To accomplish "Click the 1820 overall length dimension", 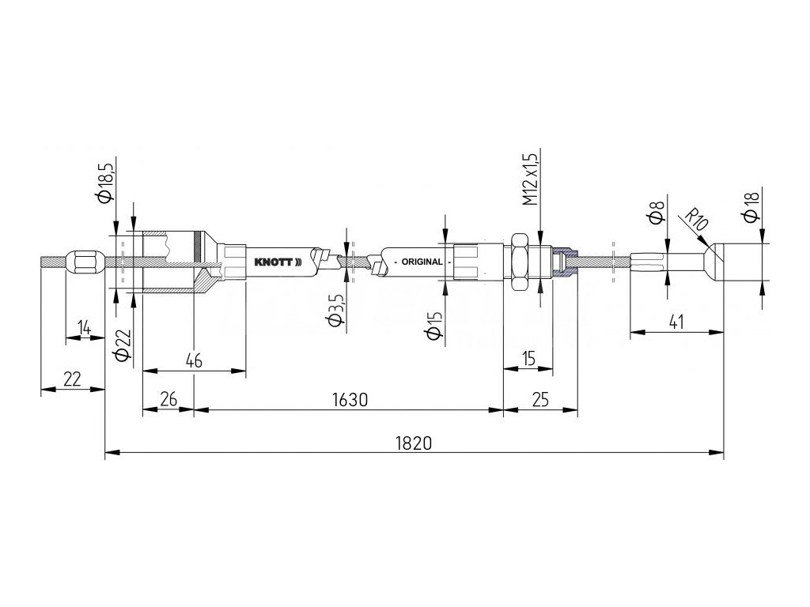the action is [413, 443].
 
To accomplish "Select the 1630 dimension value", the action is [349, 400].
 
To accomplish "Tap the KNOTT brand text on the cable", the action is [273, 262].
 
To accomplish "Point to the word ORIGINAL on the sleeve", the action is [422, 262].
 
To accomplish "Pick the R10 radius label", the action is [697, 219].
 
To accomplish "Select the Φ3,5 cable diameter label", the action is [333, 309].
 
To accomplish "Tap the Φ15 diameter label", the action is [433, 325].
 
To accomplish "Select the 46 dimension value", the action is [193, 360].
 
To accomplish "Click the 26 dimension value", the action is [168, 400].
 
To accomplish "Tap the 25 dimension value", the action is [541, 400].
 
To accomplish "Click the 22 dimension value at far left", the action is [72, 379].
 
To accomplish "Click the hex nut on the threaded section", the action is [520, 262].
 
